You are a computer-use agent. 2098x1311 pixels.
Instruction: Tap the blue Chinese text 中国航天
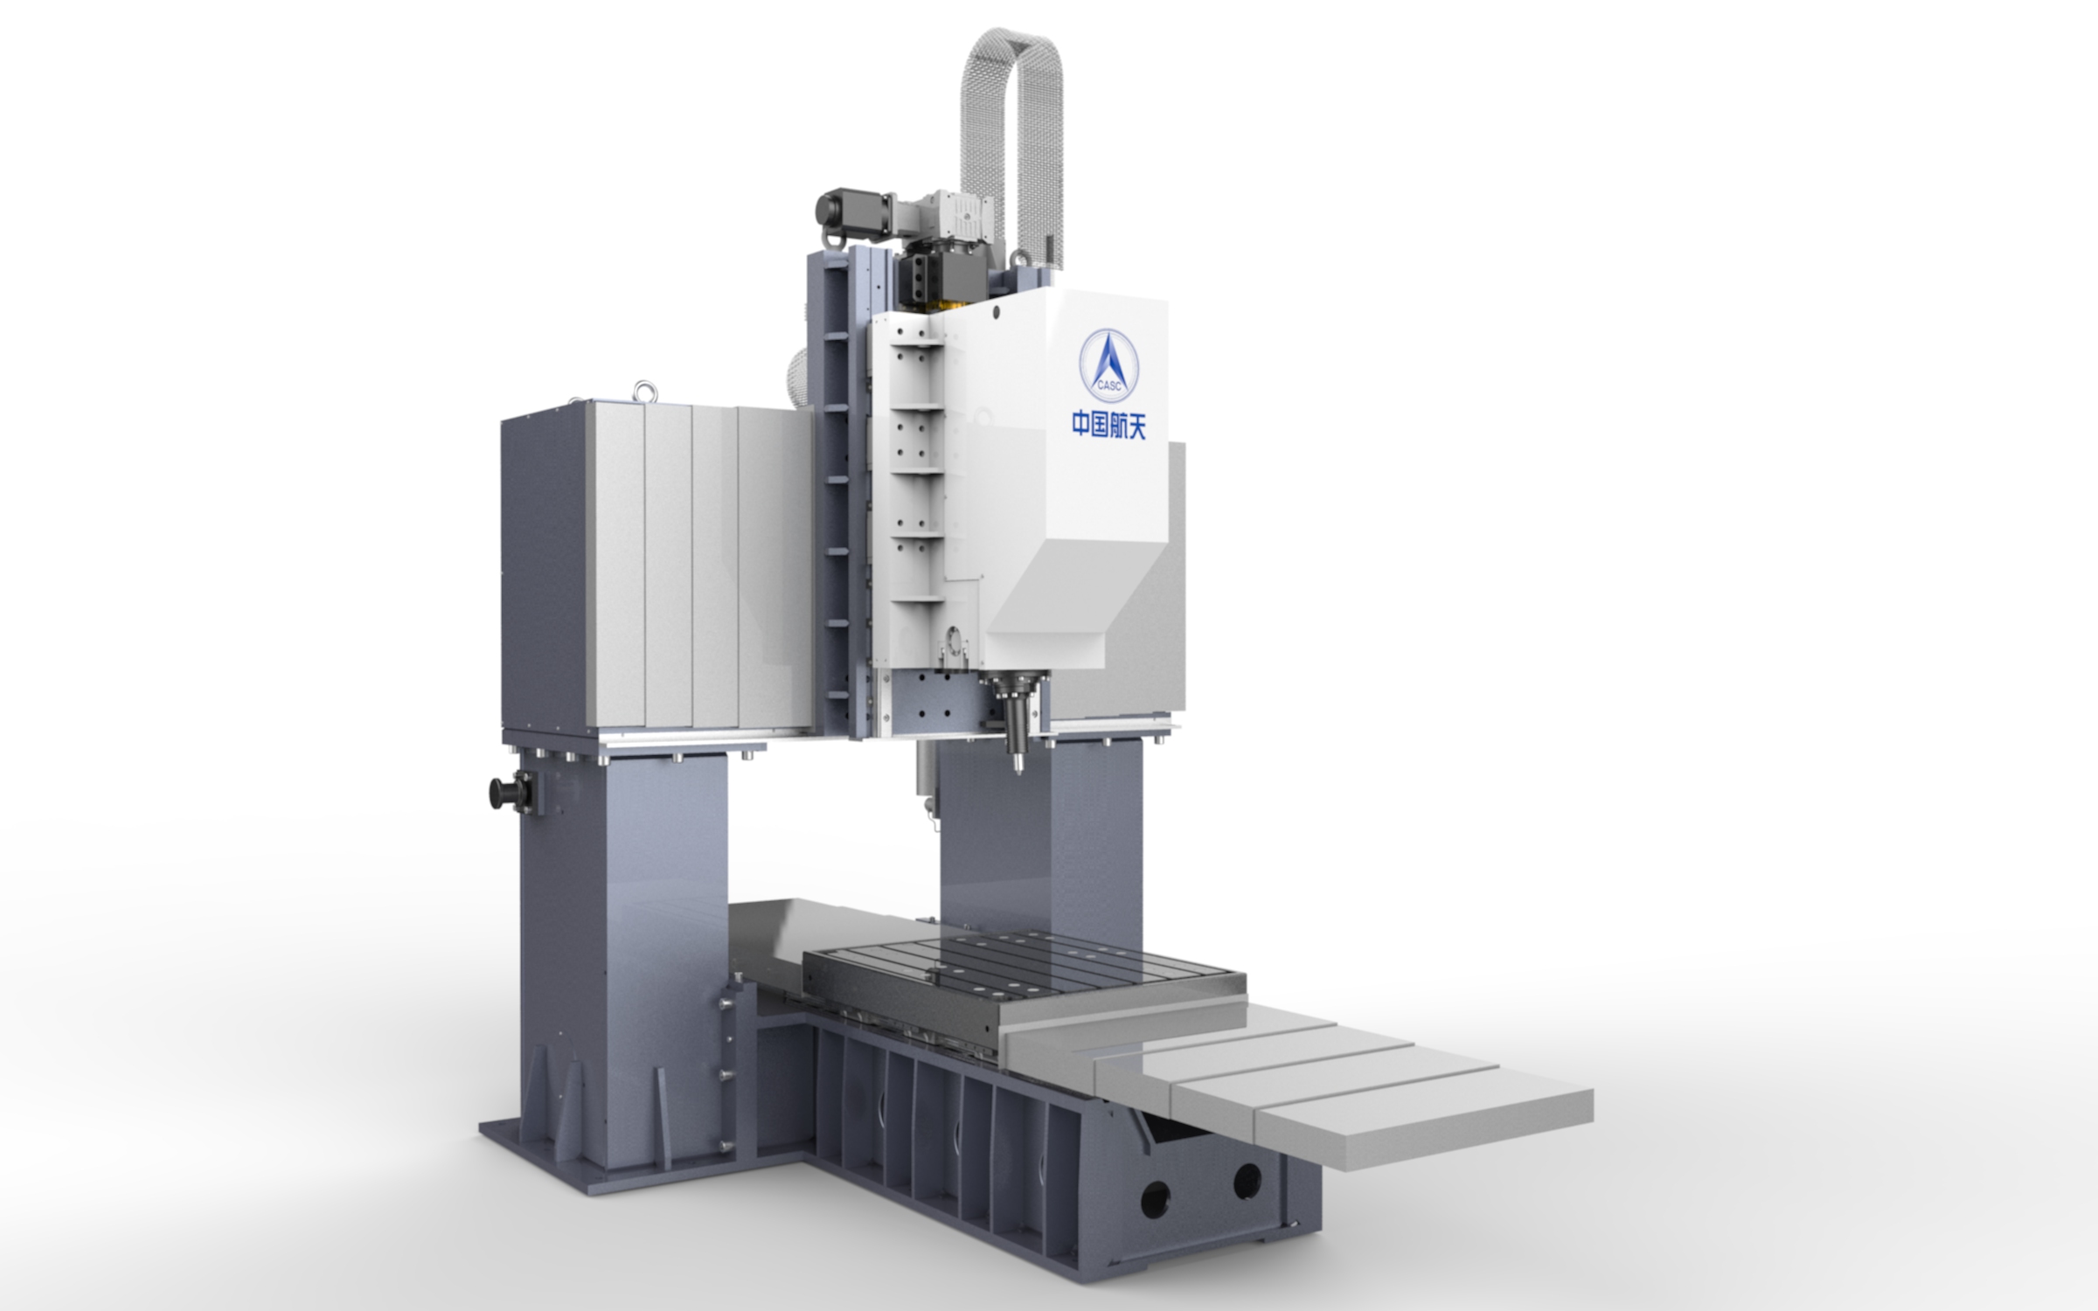coord(1108,426)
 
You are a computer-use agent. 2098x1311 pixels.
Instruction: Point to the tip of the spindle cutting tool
coord(1018,770)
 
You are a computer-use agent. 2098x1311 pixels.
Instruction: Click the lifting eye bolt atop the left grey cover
coord(644,390)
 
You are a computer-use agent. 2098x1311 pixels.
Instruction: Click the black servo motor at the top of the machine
coord(852,210)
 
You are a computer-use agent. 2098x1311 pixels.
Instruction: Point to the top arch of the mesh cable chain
coord(1012,44)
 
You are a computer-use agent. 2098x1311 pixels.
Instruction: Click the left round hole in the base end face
coord(1156,1197)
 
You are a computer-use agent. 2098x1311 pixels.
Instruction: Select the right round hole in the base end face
coord(1247,1181)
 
